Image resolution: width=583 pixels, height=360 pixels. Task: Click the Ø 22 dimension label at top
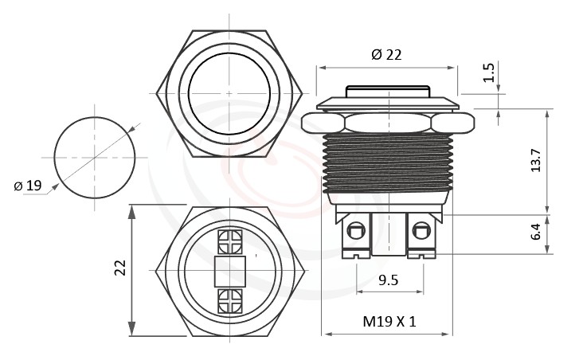[x=386, y=54]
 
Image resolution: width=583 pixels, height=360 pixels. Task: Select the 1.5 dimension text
[x=491, y=72]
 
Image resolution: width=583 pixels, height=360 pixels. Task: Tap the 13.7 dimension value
[x=536, y=160]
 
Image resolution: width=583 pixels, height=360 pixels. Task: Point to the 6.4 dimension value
[x=536, y=233]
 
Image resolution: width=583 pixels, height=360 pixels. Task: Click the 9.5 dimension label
[x=388, y=280]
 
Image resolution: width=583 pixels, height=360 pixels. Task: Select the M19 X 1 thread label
[x=389, y=322]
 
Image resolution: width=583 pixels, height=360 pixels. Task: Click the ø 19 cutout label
[x=28, y=186]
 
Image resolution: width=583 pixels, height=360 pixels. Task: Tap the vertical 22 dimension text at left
[x=120, y=268]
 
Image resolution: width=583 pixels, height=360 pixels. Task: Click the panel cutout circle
[x=94, y=157]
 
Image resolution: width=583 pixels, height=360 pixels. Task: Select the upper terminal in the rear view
[x=229, y=241]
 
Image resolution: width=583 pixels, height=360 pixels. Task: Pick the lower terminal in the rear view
[x=229, y=300]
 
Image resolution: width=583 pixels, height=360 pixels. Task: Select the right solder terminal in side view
[x=421, y=233]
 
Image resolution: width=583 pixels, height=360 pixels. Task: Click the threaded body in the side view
[x=388, y=163]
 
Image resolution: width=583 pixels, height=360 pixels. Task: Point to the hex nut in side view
[x=388, y=123]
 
